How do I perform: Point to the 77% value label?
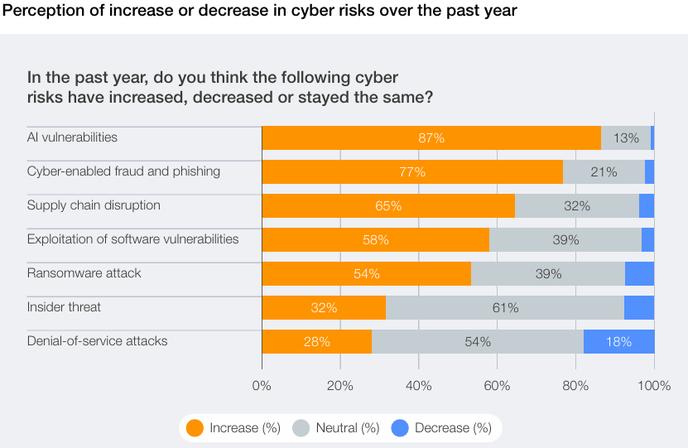coord(411,172)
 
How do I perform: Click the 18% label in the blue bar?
coord(618,341)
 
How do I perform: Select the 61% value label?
coord(505,308)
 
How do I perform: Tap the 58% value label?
coord(375,240)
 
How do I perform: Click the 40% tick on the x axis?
coord(419,385)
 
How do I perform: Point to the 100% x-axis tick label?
coord(654,385)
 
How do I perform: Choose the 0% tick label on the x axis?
coord(262,385)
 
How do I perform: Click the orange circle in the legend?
coord(195,428)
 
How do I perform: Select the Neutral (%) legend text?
coord(347,428)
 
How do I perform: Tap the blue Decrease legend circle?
coord(401,428)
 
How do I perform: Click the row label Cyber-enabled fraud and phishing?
coord(123,171)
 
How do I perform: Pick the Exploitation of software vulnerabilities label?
coord(132,239)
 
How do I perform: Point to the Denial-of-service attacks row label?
coord(97,340)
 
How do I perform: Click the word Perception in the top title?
coord(37,12)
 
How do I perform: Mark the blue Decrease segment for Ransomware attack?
coord(639,274)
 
